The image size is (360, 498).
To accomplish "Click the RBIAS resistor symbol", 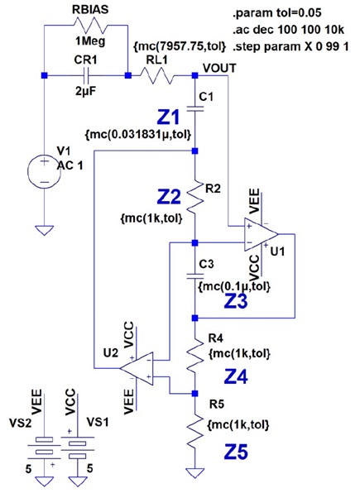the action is point(90,26).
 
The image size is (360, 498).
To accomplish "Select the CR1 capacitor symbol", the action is point(86,75).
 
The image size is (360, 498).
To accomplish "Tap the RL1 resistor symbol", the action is point(157,75).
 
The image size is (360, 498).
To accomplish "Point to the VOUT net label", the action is point(219,69).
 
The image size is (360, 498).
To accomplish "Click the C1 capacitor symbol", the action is point(194,108).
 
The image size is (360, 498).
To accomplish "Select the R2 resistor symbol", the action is point(194,197).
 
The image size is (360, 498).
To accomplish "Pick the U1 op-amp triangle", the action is point(262,235).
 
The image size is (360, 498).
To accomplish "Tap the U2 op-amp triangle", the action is point(137,368).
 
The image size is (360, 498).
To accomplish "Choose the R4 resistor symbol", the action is point(194,355).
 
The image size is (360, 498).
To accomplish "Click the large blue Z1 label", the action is point(169,117).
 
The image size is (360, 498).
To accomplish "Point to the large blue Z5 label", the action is point(236,453).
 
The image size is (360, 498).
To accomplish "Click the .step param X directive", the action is point(290,46).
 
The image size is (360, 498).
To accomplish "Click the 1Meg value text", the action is point(90,41).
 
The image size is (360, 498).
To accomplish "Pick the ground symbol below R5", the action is point(194,473).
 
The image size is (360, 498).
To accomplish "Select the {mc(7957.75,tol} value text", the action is point(180,46).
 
